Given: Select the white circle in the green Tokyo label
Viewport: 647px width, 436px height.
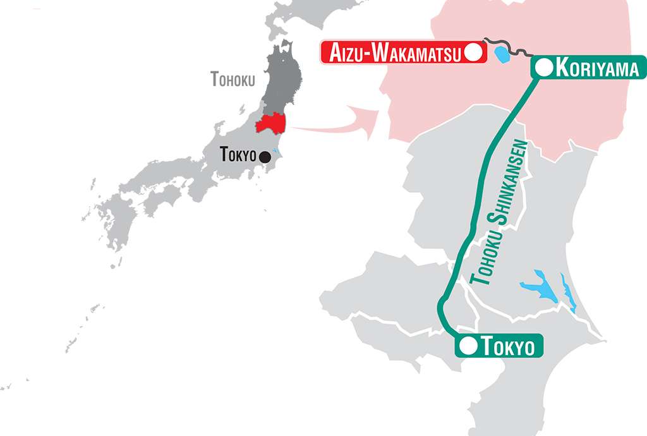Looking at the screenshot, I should (469, 346).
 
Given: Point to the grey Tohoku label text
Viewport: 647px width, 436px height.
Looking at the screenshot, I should (233, 80).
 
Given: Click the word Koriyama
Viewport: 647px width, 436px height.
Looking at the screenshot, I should (597, 68).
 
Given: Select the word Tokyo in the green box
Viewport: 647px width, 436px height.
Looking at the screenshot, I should (508, 346).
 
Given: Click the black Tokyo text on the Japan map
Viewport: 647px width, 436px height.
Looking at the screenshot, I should (239, 154).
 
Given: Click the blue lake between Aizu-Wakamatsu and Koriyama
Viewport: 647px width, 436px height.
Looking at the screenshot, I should (502, 55).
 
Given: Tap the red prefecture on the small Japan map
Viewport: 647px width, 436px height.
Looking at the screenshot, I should (270, 123).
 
